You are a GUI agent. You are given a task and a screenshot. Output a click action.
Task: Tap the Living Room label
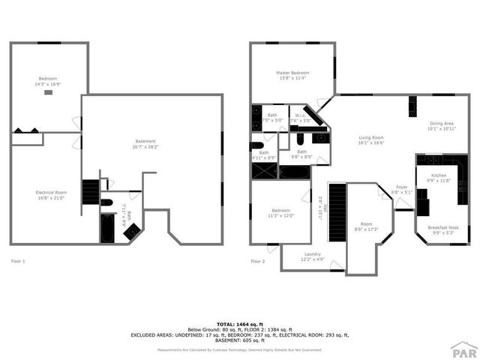tap(370, 137)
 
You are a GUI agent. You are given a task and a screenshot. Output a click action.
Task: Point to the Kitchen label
tap(438, 175)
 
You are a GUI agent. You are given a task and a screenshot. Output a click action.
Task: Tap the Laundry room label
tap(313, 254)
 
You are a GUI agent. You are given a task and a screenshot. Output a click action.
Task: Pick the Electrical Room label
tap(51, 193)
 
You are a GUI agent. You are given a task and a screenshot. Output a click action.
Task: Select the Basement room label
tap(145, 142)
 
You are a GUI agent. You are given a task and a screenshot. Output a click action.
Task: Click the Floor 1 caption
tap(18, 261)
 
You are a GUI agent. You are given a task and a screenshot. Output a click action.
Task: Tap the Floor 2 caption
tap(257, 261)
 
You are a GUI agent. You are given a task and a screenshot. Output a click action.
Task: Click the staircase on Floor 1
tap(90, 192)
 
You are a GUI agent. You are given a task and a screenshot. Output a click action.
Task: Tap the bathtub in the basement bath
tap(108, 228)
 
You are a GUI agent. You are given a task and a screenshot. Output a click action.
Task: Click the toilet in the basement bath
tap(106, 202)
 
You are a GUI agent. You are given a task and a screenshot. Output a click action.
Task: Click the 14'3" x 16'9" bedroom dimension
tap(48, 85)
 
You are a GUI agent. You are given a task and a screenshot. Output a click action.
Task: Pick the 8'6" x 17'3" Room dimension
tap(366, 229)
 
